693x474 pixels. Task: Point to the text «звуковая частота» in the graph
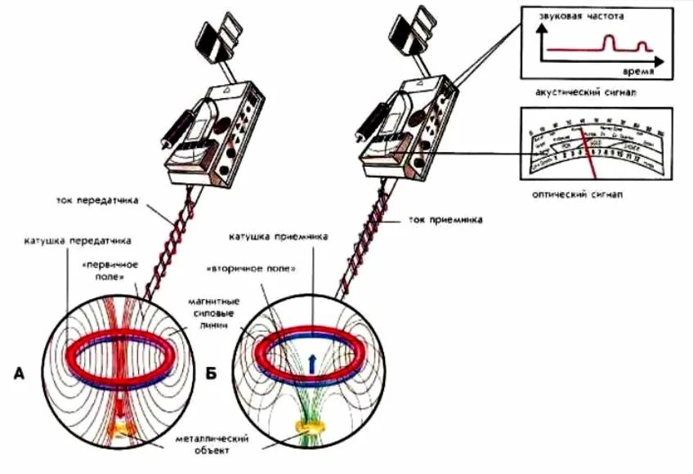[x=588, y=16]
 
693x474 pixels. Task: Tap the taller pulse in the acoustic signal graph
[x=608, y=42]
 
